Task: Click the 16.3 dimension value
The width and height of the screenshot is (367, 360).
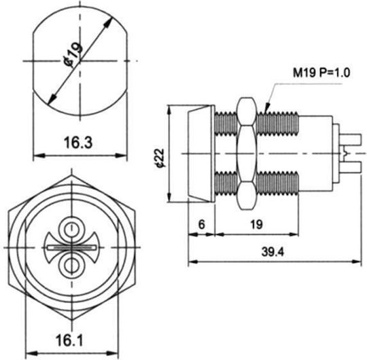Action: (x=78, y=143)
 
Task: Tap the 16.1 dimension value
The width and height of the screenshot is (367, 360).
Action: (x=69, y=340)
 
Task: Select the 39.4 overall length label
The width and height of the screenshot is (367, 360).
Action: (x=273, y=252)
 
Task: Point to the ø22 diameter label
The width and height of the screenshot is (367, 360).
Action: (x=160, y=158)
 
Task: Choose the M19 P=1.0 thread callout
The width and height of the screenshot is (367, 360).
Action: (x=321, y=73)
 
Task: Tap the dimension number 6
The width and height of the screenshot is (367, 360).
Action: (x=202, y=225)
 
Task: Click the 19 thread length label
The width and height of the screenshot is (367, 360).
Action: (x=256, y=225)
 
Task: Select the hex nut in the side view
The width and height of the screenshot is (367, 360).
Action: (x=247, y=154)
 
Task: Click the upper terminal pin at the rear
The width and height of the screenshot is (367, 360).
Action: (x=351, y=139)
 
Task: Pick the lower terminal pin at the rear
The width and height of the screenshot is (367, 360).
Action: (x=351, y=167)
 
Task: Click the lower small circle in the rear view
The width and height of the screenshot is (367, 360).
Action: (x=71, y=266)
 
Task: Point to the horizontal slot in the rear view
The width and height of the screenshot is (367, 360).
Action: (x=71, y=247)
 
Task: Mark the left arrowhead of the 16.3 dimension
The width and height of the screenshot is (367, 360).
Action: (x=39, y=156)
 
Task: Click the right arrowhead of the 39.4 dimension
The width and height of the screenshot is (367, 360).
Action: (x=356, y=262)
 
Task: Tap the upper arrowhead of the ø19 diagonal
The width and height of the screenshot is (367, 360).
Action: (x=107, y=24)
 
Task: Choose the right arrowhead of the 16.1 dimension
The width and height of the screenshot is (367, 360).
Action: (x=111, y=353)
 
